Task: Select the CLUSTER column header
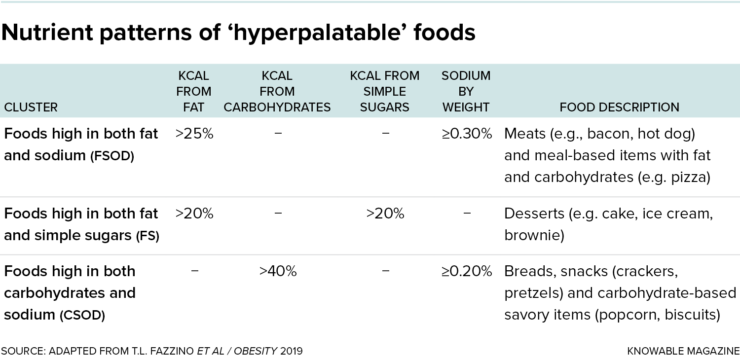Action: (31, 107)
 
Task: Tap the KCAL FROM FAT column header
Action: (194, 91)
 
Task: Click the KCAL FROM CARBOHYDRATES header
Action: (277, 91)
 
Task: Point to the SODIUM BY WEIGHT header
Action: (465, 91)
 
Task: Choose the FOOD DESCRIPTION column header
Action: (619, 107)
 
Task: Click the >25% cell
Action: (194, 133)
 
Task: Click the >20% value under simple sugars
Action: (384, 213)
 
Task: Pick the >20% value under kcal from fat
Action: (194, 213)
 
